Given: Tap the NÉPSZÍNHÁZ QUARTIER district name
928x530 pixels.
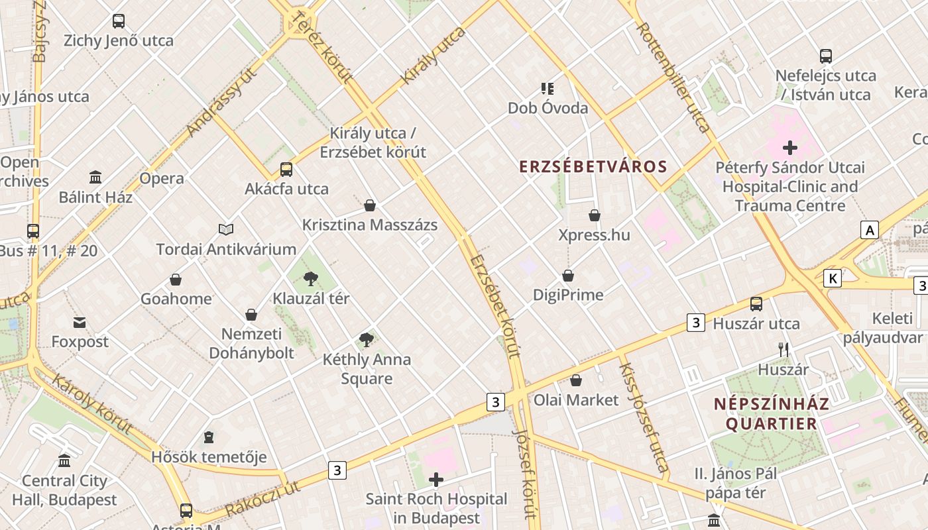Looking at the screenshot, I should pyautogui.click(x=772, y=414).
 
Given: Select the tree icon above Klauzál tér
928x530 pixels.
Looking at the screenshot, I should pyautogui.click(x=310, y=279).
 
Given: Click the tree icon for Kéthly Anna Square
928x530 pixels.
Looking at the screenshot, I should pyautogui.click(x=366, y=341).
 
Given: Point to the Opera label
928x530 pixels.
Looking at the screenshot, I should pyautogui.click(x=161, y=178).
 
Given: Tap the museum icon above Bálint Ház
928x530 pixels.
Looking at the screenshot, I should pyautogui.click(x=95, y=178).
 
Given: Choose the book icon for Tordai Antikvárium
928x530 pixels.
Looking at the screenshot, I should pyautogui.click(x=226, y=230).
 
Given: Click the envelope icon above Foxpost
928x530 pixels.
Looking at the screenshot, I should pyautogui.click(x=80, y=323).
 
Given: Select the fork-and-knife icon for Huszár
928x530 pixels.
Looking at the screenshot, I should pyautogui.click(x=783, y=349).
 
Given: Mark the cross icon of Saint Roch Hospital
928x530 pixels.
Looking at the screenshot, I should pyautogui.click(x=436, y=480).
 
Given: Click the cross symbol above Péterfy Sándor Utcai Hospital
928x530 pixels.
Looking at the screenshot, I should pyautogui.click(x=789, y=148).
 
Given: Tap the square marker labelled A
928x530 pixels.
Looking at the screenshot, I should pyautogui.click(x=869, y=230).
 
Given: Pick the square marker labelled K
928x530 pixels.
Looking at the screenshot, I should pyautogui.click(x=832, y=278).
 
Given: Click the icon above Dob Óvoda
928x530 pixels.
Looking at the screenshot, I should pyautogui.click(x=547, y=88).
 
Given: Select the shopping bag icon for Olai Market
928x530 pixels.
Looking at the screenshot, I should pyautogui.click(x=576, y=380).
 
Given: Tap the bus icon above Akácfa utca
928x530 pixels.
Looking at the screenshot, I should pyautogui.click(x=286, y=170).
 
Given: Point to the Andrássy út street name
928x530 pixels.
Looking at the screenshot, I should pyautogui.click(x=222, y=103).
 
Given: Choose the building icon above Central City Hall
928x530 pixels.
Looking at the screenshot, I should pyautogui.click(x=64, y=460).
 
